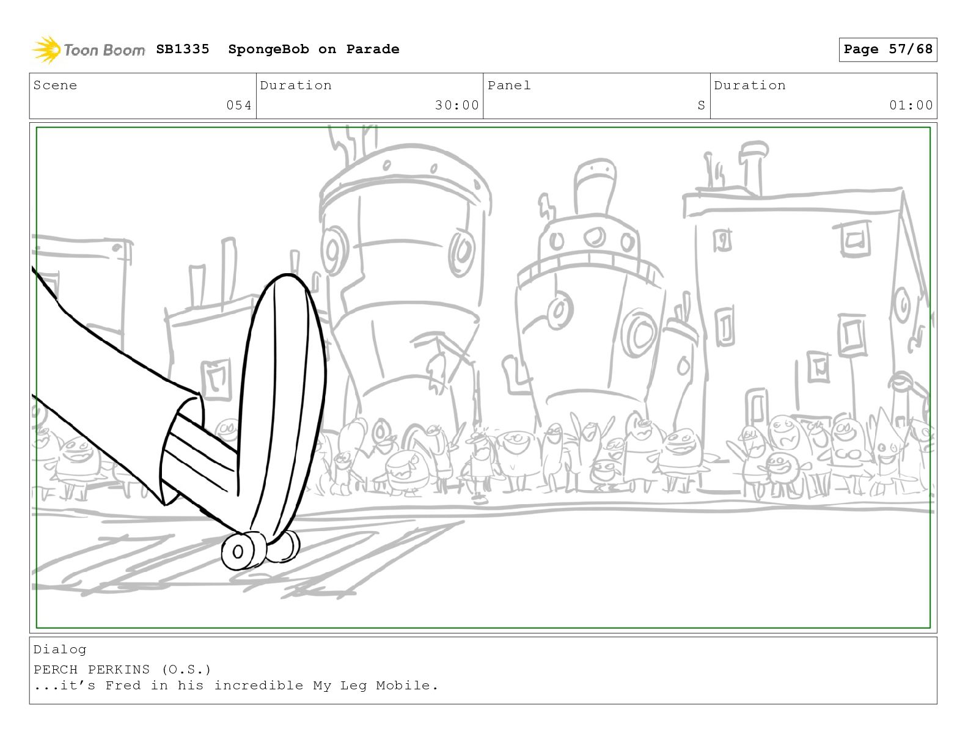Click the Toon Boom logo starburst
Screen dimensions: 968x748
click(46, 50)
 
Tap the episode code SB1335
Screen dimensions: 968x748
click(183, 49)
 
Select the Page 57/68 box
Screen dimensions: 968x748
click(888, 50)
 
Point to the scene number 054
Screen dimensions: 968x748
click(239, 105)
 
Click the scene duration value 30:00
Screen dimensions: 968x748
click(457, 105)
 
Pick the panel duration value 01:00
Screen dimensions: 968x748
click(911, 105)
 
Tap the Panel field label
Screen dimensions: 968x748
click(509, 85)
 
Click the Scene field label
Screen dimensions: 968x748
click(55, 85)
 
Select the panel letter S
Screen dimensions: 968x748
click(701, 105)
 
